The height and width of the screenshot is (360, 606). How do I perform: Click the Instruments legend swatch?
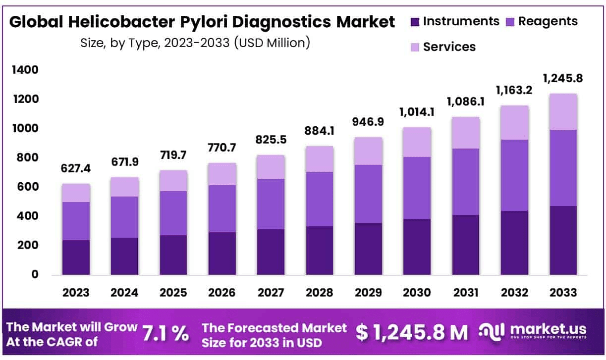click(415, 22)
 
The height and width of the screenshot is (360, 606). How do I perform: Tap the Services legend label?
click(449, 47)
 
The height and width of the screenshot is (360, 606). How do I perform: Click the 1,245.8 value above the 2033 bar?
click(563, 79)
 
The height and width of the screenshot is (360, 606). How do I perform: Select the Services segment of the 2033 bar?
click(563, 111)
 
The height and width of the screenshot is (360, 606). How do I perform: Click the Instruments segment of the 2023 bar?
click(76, 257)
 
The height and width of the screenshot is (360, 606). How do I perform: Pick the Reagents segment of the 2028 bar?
click(320, 199)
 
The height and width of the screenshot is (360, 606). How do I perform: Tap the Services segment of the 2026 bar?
click(222, 174)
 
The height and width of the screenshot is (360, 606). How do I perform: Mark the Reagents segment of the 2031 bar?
click(466, 181)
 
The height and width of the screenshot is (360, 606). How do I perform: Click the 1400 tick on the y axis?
click(24, 70)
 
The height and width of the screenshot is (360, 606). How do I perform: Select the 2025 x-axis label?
click(173, 292)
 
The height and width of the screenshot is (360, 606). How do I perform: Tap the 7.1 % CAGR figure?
click(165, 334)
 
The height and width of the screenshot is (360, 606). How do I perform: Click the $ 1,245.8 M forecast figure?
click(412, 333)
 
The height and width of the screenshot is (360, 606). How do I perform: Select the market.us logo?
click(533, 331)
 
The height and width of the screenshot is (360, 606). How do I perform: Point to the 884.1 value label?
click(320, 132)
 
